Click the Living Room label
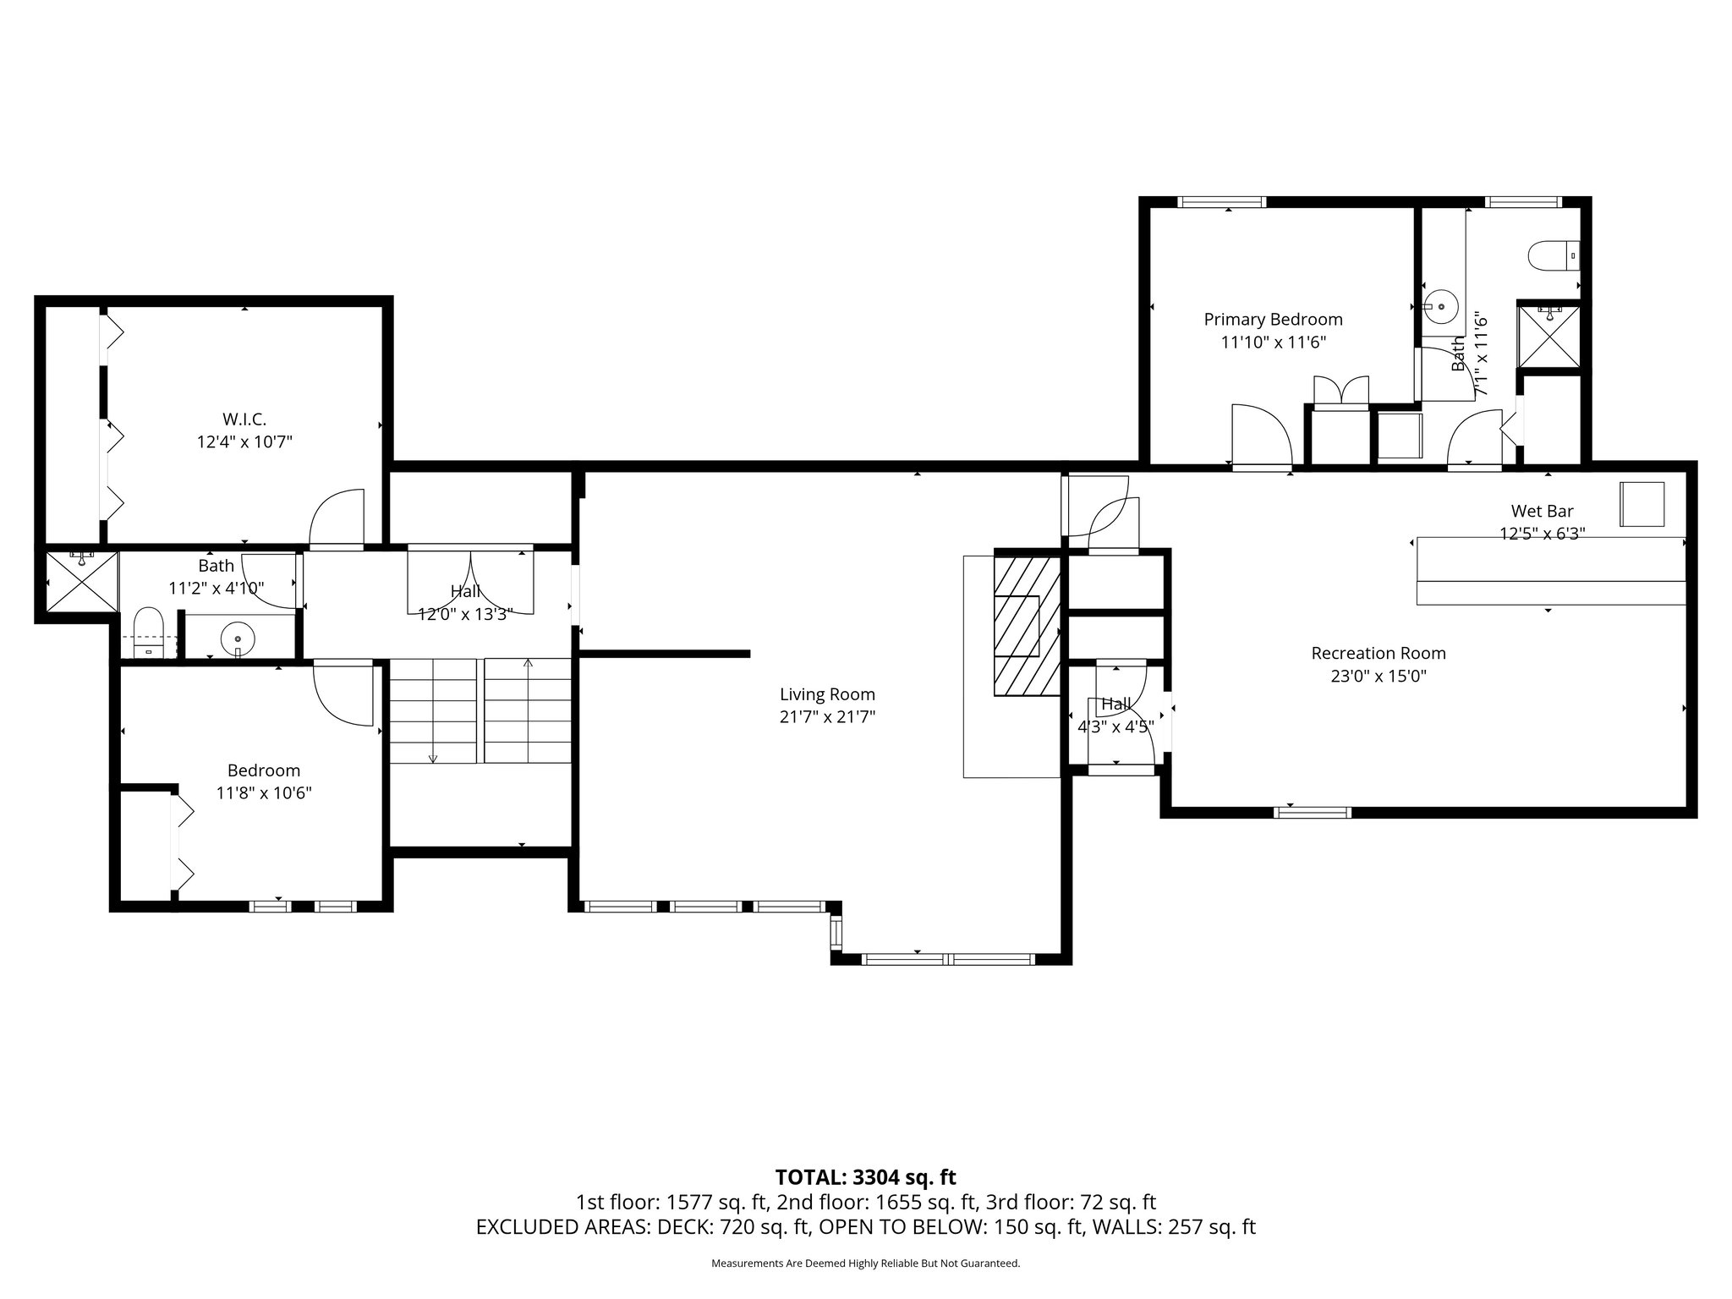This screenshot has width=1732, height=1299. pyautogui.click(x=827, y=694)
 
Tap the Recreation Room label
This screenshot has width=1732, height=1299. pyautogui.click(x=1378, y=653)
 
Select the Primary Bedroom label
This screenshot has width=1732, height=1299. pyautogui.click(x=1273, y=320)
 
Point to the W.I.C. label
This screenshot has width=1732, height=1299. pyautogui.click(x=244, y=419)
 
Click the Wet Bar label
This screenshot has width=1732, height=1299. pyautogui.click(x=1542, y=511)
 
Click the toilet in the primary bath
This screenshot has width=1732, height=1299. pyautogui.click(x=1554, y=255)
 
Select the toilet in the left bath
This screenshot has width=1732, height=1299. pyautogui.click(x=148, y=632)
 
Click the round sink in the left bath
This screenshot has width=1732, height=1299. pyautogui.click(x=238, y=639)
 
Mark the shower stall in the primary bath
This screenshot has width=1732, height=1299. pyautogui.click(x=1548, y=336)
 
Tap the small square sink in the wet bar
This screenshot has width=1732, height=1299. pyautogui.click(x=1642, y=504)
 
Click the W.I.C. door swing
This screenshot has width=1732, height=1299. pyautogui.click(x=338, y=517)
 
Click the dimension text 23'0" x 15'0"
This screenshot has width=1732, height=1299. pyautogui.click(x=1378, y=676)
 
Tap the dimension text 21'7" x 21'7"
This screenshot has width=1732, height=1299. pyautogui.click(x=827, y=717)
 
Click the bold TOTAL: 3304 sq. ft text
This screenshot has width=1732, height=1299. pyautogui.click(x=865, y=1177)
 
